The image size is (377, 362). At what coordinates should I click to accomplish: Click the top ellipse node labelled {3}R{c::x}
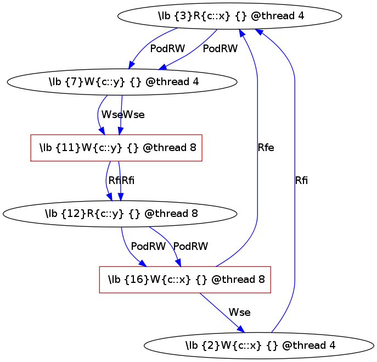pyautogui.click(x=229, y=16)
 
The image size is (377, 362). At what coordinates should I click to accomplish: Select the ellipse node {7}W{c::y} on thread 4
pyautogui.click(x=122, y=82)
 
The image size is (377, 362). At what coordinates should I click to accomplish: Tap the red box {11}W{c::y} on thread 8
pyautogui.click(x=116, y=148)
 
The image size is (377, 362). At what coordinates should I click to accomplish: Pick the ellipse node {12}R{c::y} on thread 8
pyautogui.click(x=122, y=214)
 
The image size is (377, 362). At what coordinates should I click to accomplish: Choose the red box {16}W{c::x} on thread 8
pyautogui.click(x=185, y=280)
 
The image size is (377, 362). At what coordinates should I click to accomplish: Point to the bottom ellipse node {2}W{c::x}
pyautogui.click(x=260, y=346)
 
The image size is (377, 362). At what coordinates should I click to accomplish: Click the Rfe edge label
pyautogui.click(x=266, y=148)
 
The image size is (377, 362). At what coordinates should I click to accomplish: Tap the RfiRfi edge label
pyautogui.click(x=121, y=181)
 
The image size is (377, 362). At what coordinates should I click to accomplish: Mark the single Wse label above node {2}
pyautogui.click(x=239, y=313)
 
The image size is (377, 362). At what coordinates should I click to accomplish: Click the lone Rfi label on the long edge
pyautogui.click(x=301, y=181)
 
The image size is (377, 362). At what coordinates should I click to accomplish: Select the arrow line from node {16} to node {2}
pyautogui.click(x=220, y=311)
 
